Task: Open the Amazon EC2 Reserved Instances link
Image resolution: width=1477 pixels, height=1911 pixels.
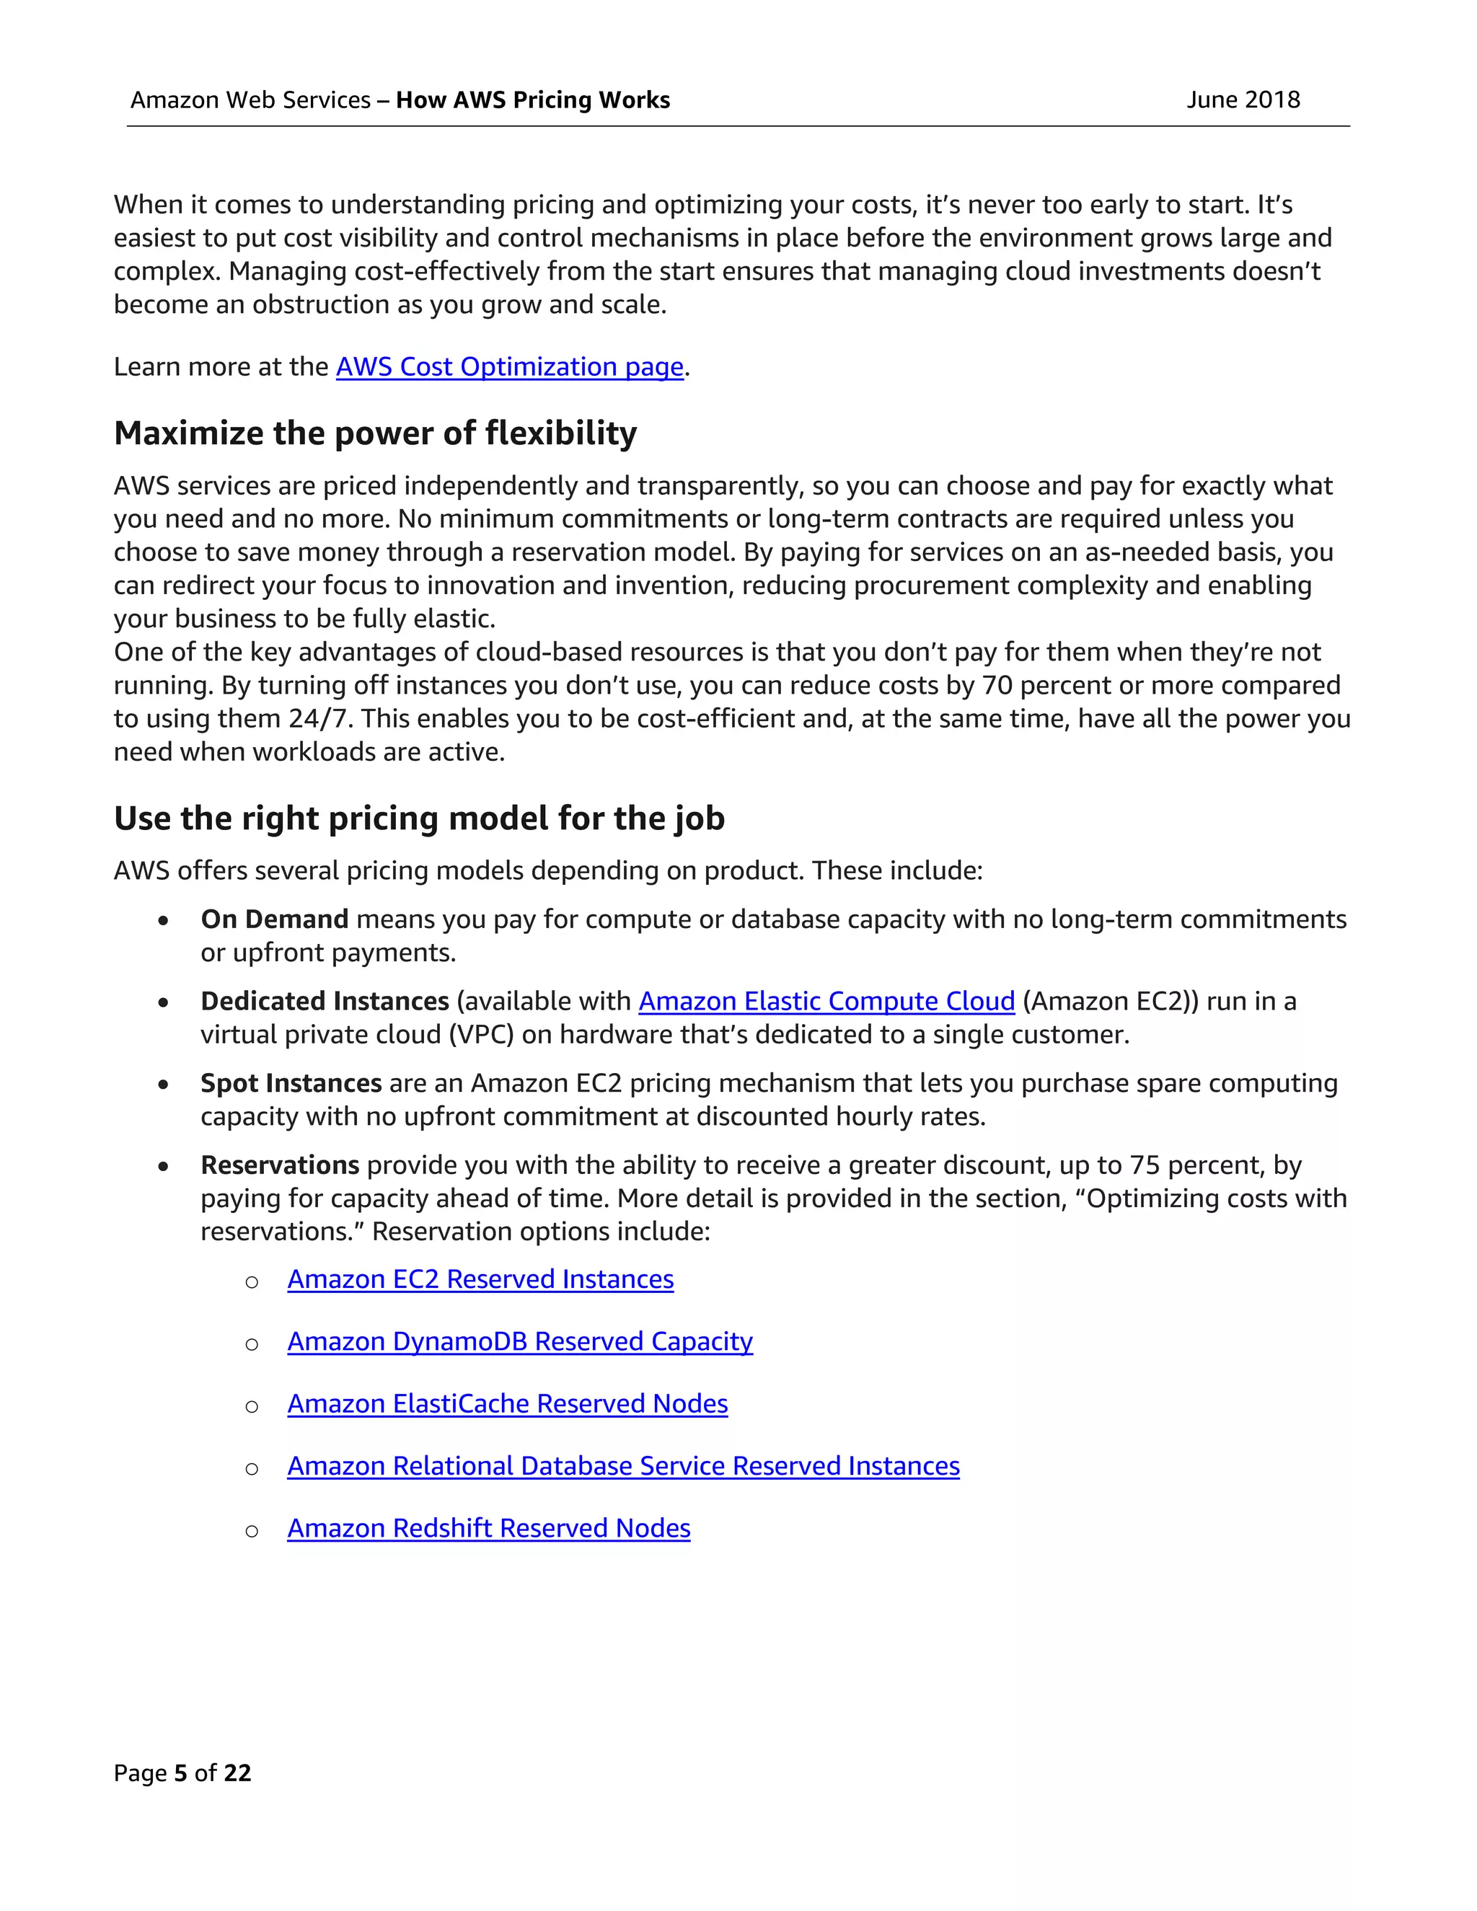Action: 480,1279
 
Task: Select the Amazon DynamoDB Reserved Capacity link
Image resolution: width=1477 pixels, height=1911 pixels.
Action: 520,1341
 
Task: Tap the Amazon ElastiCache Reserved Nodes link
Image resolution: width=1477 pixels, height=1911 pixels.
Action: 508,1403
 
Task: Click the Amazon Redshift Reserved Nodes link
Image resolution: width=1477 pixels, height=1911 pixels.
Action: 488,1528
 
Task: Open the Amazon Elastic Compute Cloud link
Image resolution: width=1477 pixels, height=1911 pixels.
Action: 826,1001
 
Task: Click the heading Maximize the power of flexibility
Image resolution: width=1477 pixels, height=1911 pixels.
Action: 375,433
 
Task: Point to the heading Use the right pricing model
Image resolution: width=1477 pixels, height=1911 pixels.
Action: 419,818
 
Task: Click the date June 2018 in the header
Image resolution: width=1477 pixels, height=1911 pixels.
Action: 1243,100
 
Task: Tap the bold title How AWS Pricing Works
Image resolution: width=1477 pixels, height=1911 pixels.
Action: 533,100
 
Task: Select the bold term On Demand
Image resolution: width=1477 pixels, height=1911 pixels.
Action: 275,919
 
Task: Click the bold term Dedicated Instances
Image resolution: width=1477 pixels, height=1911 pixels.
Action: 325,1001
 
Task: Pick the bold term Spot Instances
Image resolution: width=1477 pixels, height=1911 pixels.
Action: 291,1083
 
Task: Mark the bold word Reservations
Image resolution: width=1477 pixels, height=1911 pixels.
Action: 280,1165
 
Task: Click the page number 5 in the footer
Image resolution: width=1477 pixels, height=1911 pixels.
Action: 181,1773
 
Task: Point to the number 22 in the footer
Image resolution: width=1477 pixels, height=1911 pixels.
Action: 237,1773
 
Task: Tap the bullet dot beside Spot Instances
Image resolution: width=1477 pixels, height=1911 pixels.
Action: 164,1084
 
